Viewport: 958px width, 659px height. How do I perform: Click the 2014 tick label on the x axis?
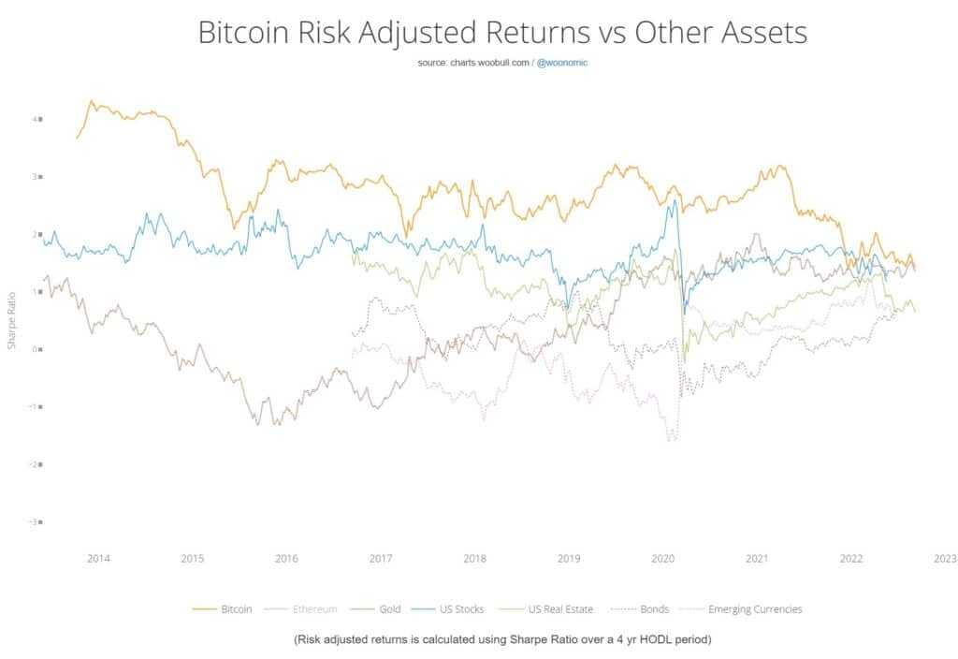pyautogui.click(x=98, y=559)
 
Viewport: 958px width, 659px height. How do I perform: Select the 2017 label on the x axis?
pyautogui.click(x=381, y=559)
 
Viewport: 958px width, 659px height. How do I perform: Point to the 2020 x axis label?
pyautogui.click(x=662, y=559)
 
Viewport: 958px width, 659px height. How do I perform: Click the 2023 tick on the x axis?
pyautogui.click(x=944, y=559)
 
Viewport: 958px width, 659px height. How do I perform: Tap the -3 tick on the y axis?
pyautogui.click(x=36, y=521)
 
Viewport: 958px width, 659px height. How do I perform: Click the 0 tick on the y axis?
pyautogui.click(x=38, y=349)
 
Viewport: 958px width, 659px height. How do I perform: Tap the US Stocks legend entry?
pyautogui.click(x=458, y=609)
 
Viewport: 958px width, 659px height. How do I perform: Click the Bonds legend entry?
pyautogui.click(x=654, y=609)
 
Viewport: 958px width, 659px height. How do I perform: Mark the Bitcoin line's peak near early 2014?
pyautogui.click(x=91, y=101)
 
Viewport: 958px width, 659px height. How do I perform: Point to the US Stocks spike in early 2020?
pyautogui.click(x=674, y=200)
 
